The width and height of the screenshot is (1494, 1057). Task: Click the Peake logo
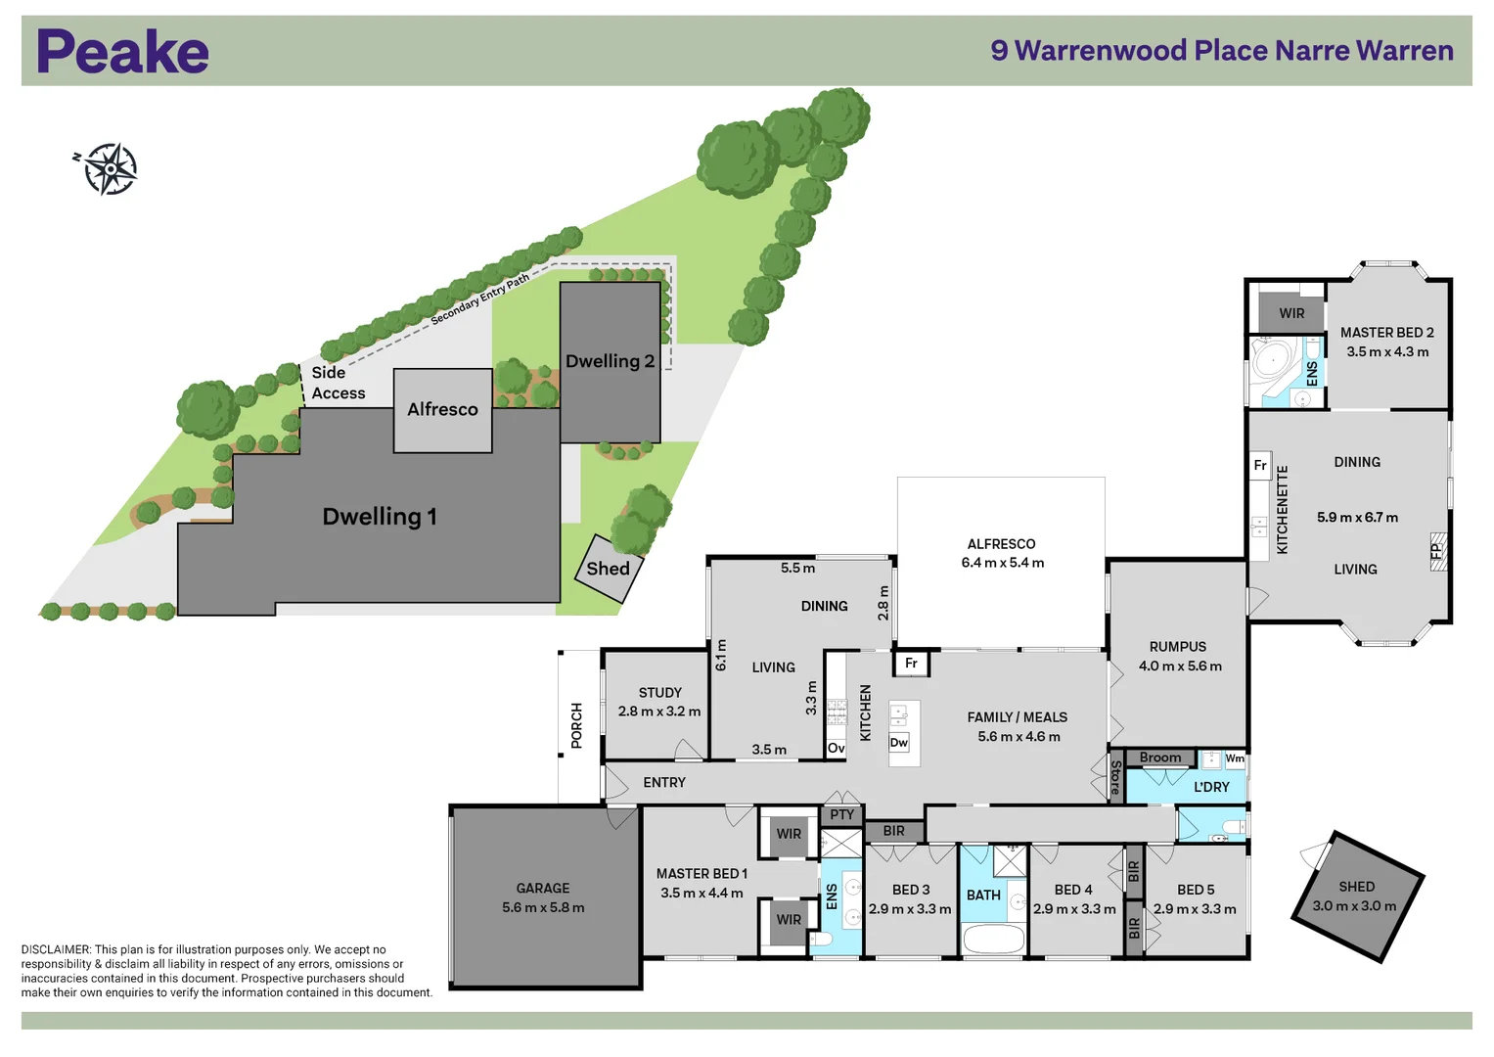pos(122,52)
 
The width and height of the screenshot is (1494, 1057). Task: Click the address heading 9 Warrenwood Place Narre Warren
pos(1222,51)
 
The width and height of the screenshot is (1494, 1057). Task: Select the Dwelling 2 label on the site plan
pos(610,361)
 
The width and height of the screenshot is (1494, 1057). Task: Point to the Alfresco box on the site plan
pos(442,410)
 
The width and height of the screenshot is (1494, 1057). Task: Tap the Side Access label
pos(338,383)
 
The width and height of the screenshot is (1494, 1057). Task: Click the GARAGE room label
pos(543,889)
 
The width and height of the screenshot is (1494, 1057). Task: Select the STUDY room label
pos(659,693)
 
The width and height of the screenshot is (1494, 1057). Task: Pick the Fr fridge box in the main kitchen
pos(911,664)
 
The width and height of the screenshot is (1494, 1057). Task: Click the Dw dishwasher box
pos(899,743)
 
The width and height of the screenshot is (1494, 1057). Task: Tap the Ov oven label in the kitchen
pos(836,749)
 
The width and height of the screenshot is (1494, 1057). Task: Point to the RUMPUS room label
pos(1178,647)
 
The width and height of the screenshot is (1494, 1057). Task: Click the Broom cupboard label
pos(1160,758)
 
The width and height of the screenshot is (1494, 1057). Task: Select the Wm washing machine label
pos(1235,758)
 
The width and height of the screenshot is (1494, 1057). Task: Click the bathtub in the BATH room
pos(993,940)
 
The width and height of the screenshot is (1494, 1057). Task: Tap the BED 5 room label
pos(1196,890)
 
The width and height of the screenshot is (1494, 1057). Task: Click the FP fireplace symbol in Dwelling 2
pos(1437,551)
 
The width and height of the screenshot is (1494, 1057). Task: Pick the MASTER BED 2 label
pos(1386,333)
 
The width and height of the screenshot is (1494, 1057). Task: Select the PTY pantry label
pos(841,814)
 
